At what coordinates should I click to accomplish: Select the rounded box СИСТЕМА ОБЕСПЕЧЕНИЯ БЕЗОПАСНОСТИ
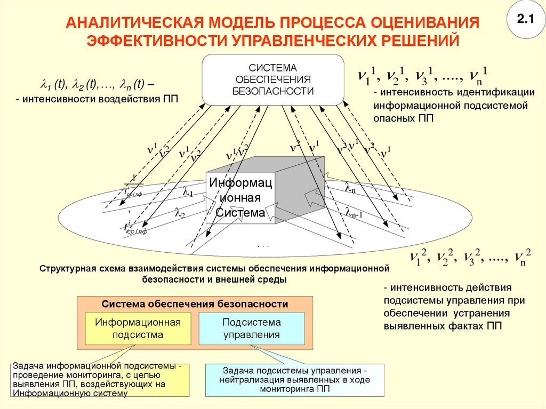(272, 79)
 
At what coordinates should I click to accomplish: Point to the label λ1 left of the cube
(188, 191)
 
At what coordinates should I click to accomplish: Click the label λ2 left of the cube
(180, 212)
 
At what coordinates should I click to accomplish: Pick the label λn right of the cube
(350, 188)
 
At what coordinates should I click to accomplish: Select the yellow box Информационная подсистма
(138, 328)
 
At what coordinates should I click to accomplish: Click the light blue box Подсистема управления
(252, 328)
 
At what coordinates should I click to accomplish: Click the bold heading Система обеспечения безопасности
(195, 304)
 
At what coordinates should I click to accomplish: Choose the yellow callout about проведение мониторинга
(100, 380)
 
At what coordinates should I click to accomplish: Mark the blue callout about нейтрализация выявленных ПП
(295, 380)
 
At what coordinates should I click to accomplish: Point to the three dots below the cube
(263, 246)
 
